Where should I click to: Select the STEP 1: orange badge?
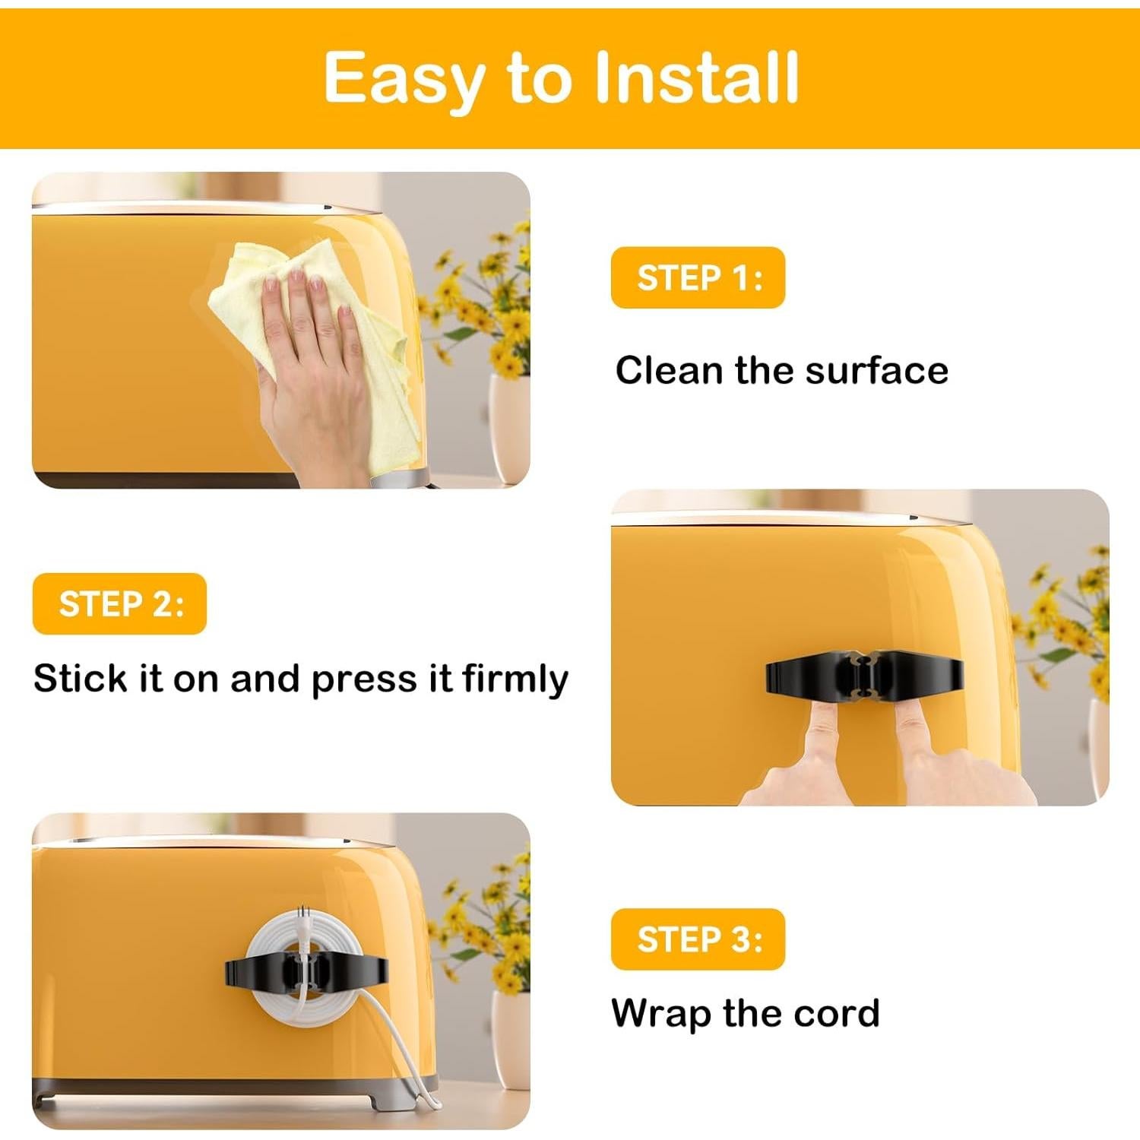(x=698, y=277)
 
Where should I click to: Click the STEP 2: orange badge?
(x=120, y=604)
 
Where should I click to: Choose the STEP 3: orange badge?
(x=698, y=939)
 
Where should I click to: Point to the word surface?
(x=876, y=371)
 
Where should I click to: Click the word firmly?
(x=515, y=679)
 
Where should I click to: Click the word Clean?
(x=669, y=371)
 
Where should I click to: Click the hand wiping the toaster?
(x=312, y=357)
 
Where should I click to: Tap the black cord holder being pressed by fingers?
(x=864, y=673)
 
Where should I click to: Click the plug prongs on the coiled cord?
(x=305, y=915)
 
